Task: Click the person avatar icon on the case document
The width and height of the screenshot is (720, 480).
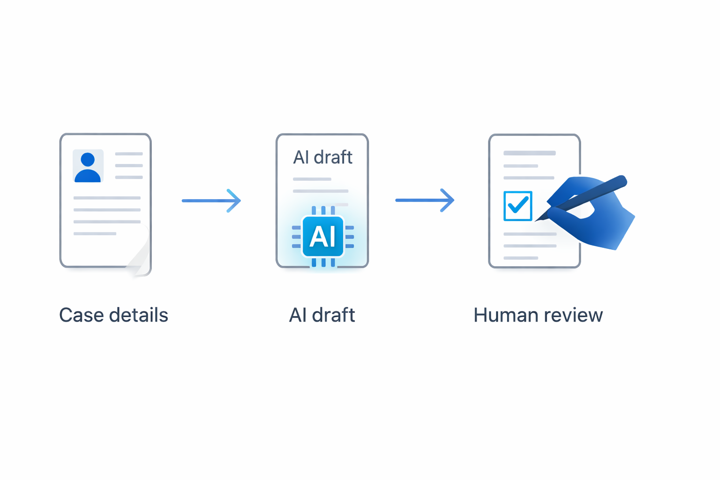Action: tap(88, 166)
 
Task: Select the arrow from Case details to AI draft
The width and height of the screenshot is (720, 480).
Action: tap(211, 201)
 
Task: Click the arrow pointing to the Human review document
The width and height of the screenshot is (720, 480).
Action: tap(424, 200)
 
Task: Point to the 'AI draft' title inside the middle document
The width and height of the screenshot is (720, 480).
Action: tap(322, 157)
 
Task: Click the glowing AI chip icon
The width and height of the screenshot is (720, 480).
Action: tap(323, 236)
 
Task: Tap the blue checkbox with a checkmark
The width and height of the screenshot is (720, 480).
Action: tap(517, 206)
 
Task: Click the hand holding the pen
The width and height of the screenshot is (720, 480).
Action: tap(595, 216)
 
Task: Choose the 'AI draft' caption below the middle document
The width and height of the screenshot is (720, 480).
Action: tap(322, 315)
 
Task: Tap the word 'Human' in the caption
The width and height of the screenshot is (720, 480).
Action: tap(508, 315)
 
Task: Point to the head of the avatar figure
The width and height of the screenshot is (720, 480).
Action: tap(88, 159)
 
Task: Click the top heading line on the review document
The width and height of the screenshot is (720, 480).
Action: tap(529, 153)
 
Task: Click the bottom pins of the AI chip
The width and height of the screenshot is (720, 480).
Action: tap(323, 263)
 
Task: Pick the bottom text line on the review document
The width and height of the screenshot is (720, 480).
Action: tap(521, 258)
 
